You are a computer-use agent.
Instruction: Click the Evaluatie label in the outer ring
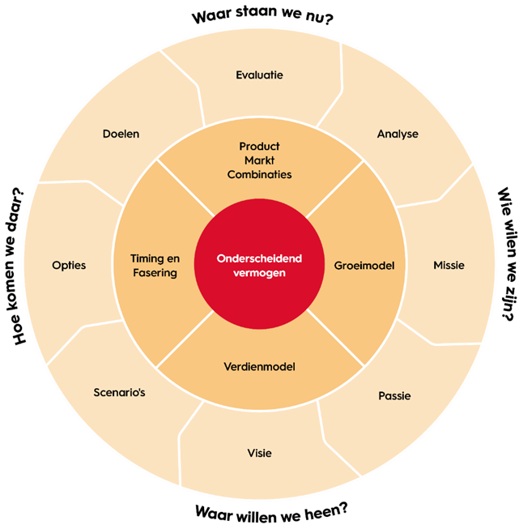(x=259, y=75)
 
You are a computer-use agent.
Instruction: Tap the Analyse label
(x=398, y=134)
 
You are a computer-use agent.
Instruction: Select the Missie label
(x=449, y=265)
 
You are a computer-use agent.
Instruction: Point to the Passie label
(x=394, y=396)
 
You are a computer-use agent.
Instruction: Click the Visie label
(x=259, y=453)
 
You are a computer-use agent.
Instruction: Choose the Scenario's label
(x=119, y=393)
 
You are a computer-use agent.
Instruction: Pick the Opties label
(x=69, y=265)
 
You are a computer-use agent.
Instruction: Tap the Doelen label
(x=121, y=134)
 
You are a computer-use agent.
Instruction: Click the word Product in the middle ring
(x=259, y=147)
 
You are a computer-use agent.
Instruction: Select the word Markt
(x=259, y=160)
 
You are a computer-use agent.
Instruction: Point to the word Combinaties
(x=259, y=174)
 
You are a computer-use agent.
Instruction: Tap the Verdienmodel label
(x=259, y=367)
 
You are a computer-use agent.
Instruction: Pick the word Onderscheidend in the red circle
(x=259, y=258)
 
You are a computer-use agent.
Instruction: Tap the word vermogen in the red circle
(x=259, y=273)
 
